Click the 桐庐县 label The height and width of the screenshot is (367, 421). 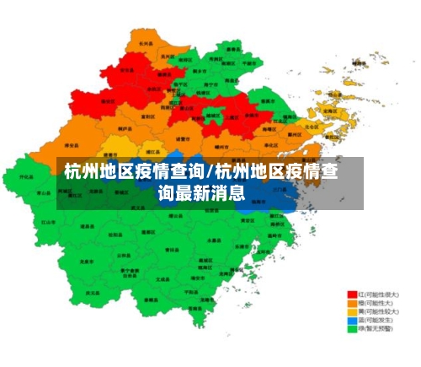[125, 129]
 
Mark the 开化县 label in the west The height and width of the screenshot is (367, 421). [26, 177]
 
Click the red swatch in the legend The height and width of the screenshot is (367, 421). [353, 295]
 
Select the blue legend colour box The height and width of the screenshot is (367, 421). [353, 321]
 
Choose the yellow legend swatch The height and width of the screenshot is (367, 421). [353, 312]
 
